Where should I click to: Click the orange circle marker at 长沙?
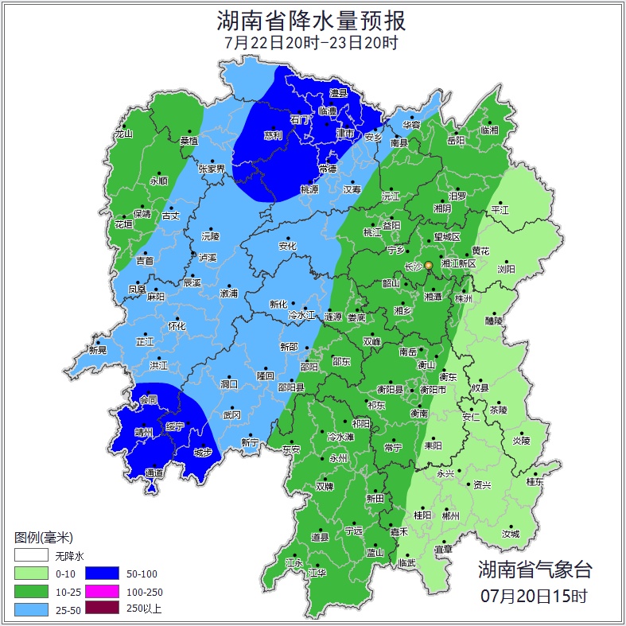pyautogui.click(x=428, y=265)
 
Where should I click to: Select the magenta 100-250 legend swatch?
pyautogui.click(x=102, y=591)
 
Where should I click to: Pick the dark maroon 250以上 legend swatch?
pyautogui.click(x=102, y=609)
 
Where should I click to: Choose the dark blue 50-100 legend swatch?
pyautogui.click(x=102, y=573)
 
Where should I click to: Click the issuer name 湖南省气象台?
pyautogui.click(x=535, y=569)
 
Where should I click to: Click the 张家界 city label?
pyautogui.click(x=212, y=169)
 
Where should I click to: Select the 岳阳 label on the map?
pyautogui.click(x=455, y=140)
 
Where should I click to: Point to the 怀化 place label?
pyautogui.click(x=177, y=326)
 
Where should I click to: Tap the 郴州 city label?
pyautogui.click(x=450, y=515)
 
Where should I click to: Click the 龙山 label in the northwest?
pyautogui.click(x=123, y=134)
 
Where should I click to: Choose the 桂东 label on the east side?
pyautogui.click(x=535, y=481)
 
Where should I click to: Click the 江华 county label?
pyautogui.click(x=317, y=572)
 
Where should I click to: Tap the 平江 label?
pyautogui.click(x=500, y=210)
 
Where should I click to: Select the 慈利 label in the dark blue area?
pyautogui.click(x=273, y=135)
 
